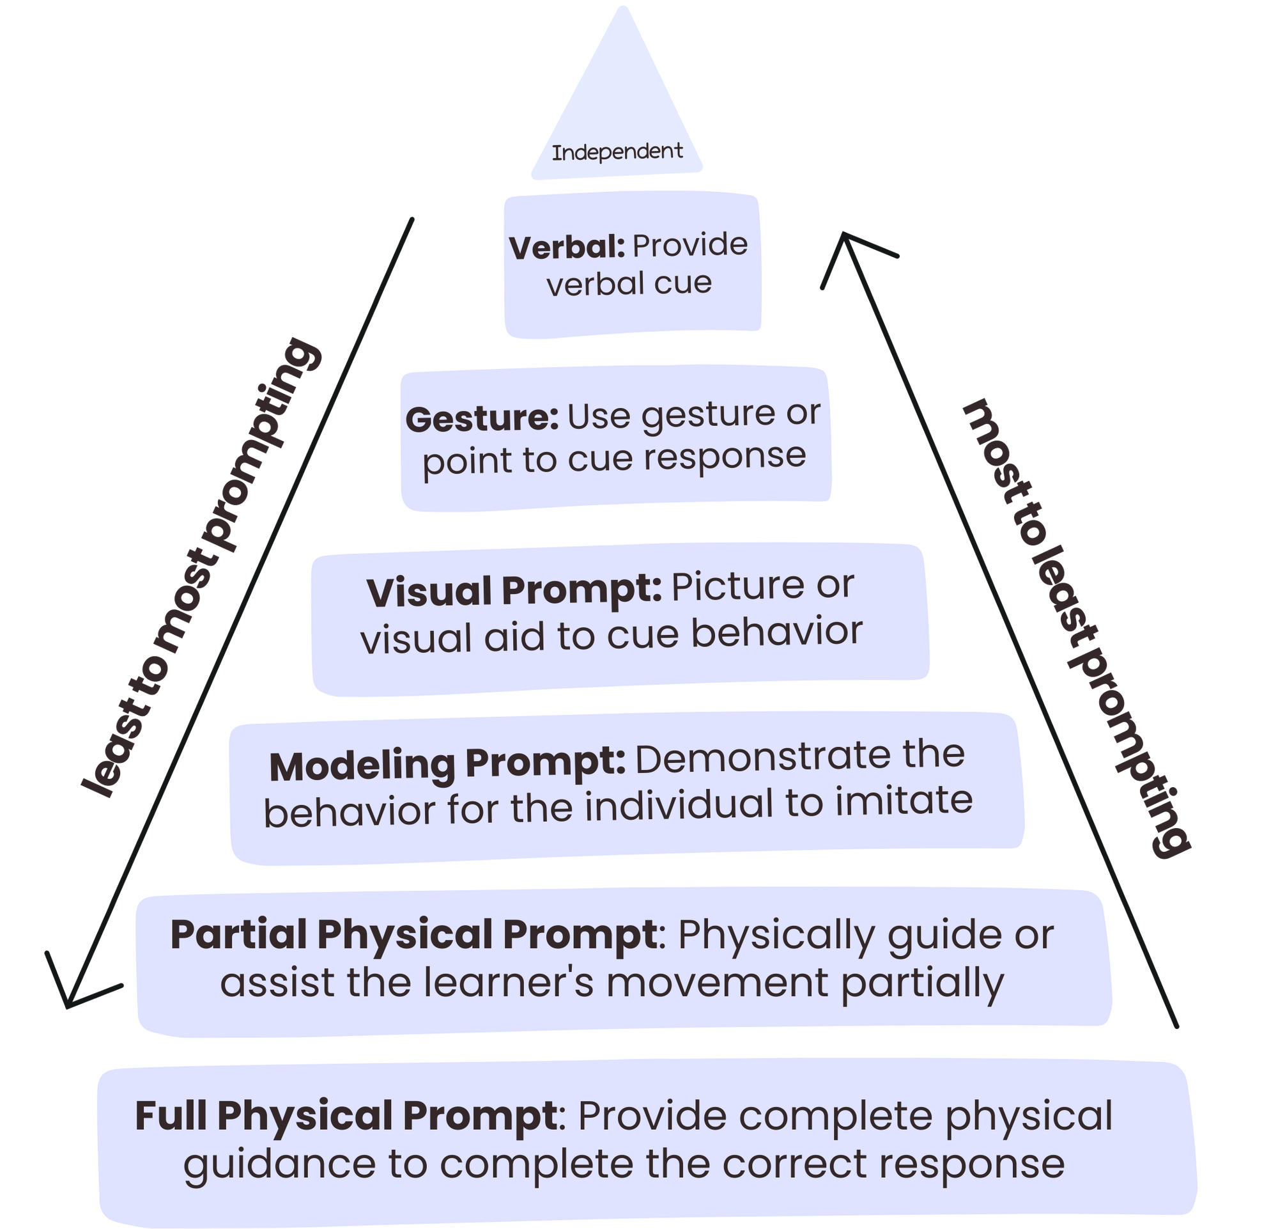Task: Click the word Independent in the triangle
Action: pyautogui.click(x=617, y=153)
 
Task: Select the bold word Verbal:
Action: pyautogui.click(x=567, y=248)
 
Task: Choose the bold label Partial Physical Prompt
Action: pyautogui.click(x=413, y=935)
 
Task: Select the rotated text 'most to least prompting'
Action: pyautogui.click(x=1076, y=629)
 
